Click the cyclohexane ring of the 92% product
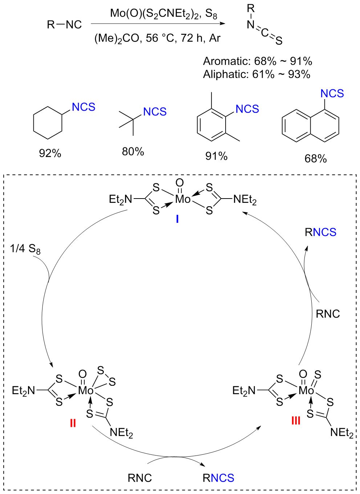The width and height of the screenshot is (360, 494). coord(48,123)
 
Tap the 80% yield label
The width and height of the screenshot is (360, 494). coord(133,151)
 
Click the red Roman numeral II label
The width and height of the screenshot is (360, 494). coord(73,423)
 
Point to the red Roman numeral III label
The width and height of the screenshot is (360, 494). coord(296,421)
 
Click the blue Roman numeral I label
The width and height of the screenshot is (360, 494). coord(177,219)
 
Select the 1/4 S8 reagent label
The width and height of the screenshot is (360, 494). coord(25,249)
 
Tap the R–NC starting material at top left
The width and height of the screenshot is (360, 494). coord(64,25)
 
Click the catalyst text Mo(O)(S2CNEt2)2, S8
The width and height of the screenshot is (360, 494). coord(163,14)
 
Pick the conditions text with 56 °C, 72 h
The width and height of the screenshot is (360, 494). coord(157,38)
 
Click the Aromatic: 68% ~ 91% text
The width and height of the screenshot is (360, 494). coord(257,61)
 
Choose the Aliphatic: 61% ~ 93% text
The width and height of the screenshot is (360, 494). coord(256,74)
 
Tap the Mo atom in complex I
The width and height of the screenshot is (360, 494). coord(183,199)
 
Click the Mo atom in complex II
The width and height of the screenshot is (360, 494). coord(86,391)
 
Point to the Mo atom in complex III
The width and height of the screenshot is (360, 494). coord(306,391)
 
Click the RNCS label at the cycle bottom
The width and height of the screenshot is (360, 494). coord(218,478)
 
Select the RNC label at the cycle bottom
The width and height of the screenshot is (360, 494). coord(139,478)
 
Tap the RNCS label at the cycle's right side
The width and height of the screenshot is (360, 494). coord(320,232)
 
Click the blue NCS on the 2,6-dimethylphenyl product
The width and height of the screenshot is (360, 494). coord(247,109)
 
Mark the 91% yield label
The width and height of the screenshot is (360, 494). coord(217,156)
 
